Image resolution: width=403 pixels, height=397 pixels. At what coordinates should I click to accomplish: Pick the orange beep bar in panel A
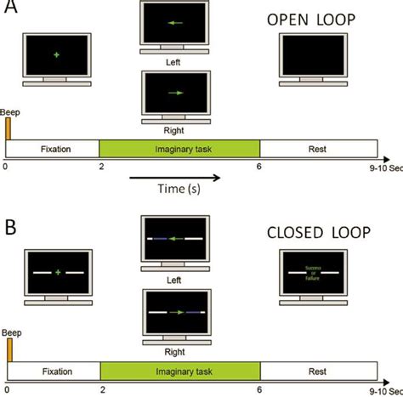pyautogui.click(x=9, y=128)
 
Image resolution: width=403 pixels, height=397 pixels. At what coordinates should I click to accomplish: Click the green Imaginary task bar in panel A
pyautogui.click(x=179, y=149)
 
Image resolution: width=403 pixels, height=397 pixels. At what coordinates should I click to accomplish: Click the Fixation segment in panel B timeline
pyautogui.click(x=54, y=371)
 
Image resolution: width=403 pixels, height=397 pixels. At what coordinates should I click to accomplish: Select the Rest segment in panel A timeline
pyautogui.click(x=318, y=149)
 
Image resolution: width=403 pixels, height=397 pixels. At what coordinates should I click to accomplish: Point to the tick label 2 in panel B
pyautogui.click(x=99, y=388)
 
